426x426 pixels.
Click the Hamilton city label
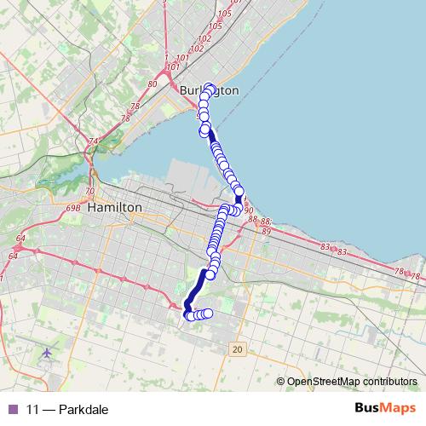point(114,207)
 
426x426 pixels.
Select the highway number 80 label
point(153,83)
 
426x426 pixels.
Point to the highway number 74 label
point(94,141)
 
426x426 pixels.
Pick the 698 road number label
point(72,208)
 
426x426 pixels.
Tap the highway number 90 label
point(249,210)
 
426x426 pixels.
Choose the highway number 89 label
point(266,230)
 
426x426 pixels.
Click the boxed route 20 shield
point(238,349)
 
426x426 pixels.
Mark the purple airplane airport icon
point(46,352)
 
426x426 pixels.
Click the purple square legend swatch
point(12,409)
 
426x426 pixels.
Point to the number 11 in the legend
point(32,409)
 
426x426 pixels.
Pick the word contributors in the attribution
point(392,382)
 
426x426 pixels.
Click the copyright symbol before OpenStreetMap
point(281,382)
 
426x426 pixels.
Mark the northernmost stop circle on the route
point(210,87)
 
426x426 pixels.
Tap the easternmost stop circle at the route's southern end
point(208,314)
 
